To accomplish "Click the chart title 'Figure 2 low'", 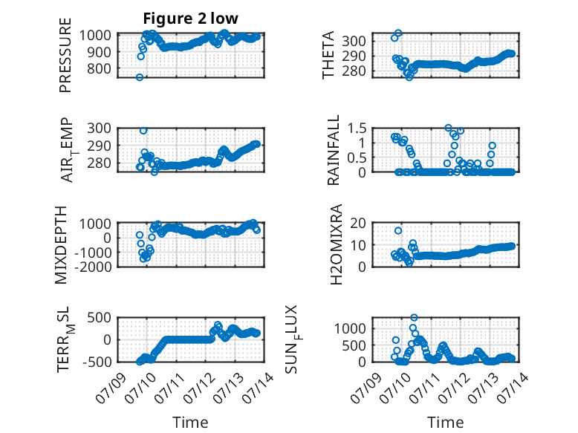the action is pyautogui.click(x=191, y=19).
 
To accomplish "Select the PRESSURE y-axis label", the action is pyautogui.click(x=65, y=55).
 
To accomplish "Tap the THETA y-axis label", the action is pyautogui.click(x=328, y=55).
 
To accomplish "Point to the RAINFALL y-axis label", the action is pyautogui.click(x=333, y=150).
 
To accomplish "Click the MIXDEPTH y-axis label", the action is pyautogui.click(x=61, y=245).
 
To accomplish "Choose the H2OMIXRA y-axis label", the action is pyautogui.click(x=337, y=244).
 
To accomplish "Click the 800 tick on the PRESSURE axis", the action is pyautogui.click(x=99, y=68).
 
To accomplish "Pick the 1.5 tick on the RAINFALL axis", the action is pyautogui.click(x=357, y=128).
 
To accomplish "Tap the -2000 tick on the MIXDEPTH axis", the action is pyautogui.click(x=93, y=267).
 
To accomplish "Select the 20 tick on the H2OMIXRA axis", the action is pyautogui.click(x=358, y=223).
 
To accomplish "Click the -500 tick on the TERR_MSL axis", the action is pyautogui.click(x=97, y=362).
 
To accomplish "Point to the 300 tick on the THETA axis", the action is pyautogui.click(x=354, y=41).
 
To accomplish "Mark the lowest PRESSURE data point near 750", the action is pyautogui.click(x=140, y=77).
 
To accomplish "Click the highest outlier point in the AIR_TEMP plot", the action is pyautogui.click(x=143, y=131).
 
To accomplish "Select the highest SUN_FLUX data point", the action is pyautogui.click(x=414, y=317).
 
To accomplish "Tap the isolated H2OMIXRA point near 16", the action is pyautogui.click(x=398, y=231).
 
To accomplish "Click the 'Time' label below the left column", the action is pyautogui.click(x=190, y=423).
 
